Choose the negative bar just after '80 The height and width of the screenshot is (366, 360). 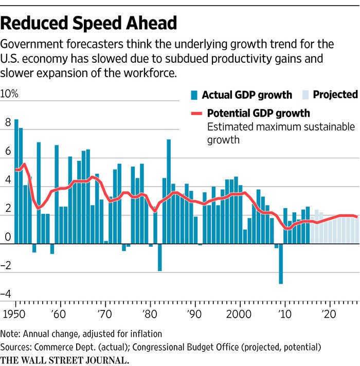coord(160,257)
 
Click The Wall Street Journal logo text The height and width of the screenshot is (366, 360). coord(64,359)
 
